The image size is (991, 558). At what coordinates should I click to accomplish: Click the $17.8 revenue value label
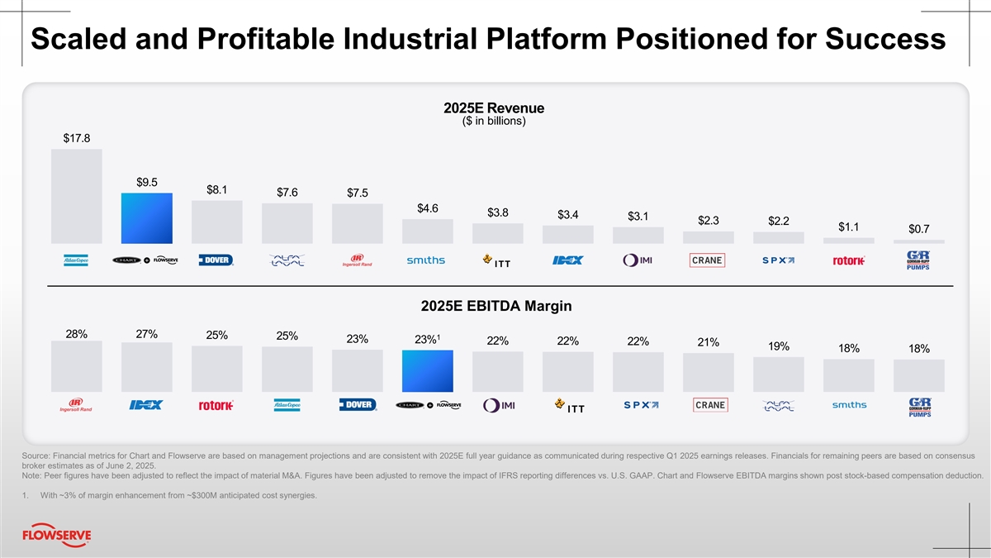coord(77,138)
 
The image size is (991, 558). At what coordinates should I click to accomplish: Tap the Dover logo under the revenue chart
coord(216,260)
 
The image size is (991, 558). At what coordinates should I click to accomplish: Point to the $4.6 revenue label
coord(427,207)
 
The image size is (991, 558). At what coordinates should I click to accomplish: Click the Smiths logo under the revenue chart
coord(426,260)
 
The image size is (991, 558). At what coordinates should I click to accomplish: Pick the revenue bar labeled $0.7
coord(919,241)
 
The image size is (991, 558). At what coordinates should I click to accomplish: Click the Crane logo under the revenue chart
coord(708,260)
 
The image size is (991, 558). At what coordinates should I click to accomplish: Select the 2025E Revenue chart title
coord(493,108)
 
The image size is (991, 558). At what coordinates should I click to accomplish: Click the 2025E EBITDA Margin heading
coord(495,307)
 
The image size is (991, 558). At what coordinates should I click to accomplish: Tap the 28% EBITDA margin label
coord(77,334)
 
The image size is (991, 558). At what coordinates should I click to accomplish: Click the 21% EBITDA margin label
coord(708,342)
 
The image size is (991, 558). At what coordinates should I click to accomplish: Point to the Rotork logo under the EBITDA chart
coord(216,405)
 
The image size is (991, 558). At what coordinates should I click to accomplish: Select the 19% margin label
coord(778,346)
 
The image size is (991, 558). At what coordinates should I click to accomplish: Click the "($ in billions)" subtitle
coord(493,122)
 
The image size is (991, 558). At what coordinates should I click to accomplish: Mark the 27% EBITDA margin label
coord(146,334)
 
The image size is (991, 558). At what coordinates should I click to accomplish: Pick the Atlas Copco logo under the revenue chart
coord(77,260)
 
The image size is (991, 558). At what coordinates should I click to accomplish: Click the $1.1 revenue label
coord(848,227)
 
